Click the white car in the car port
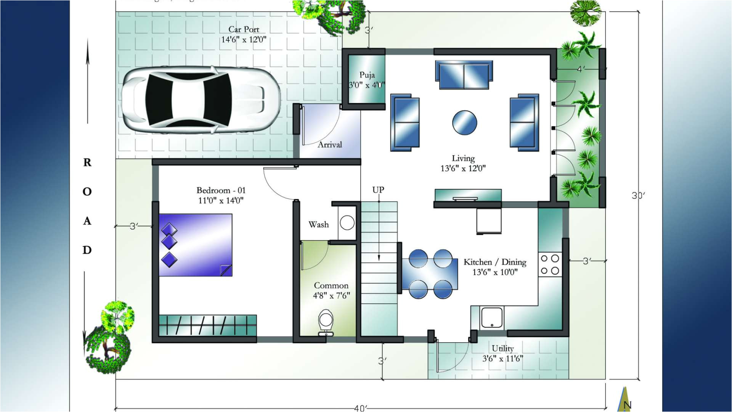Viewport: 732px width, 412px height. (x=201, y=100)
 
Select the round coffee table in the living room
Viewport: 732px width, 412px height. (x=464, y=123)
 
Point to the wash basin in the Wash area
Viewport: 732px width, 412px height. (x=347, y=223)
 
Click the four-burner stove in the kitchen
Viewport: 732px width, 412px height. (x=550, y=264)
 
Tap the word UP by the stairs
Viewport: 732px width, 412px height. (x=378, y=190)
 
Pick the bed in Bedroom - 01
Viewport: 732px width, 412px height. (x=196, y=245)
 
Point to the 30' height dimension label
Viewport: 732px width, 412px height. (x=638, y=196)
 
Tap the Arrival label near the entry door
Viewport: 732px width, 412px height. (x=330, y=145)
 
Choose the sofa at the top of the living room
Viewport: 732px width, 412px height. (x=464, y=75)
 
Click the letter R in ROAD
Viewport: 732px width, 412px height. (x=87, y=163)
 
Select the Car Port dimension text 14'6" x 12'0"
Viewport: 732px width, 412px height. (x=244, y=39)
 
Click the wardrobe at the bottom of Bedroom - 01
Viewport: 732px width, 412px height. (x=208, y=325)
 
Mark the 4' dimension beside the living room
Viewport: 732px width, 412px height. (x=581, y=69)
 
